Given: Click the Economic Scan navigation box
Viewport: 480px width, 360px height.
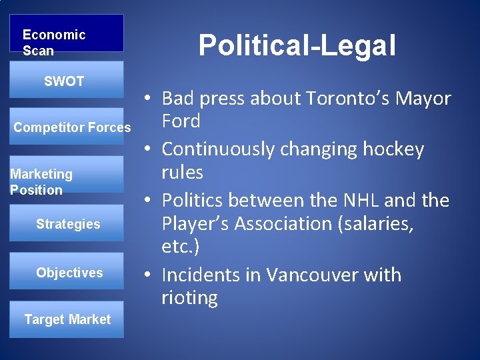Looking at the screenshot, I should pos(67,33).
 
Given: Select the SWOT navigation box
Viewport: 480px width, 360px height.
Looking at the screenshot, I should pos(67,80).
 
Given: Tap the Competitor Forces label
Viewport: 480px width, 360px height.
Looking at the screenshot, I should pos(72,127).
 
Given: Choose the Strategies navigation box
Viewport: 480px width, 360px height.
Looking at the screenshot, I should pos(68,224).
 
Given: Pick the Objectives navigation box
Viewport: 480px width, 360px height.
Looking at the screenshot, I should pos(69,272).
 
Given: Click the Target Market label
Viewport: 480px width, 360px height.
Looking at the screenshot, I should pos(67,319).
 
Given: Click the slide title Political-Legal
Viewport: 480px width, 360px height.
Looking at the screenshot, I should pos(297,45).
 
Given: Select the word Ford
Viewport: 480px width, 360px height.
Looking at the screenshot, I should pos(181,121).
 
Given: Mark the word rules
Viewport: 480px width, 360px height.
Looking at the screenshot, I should pos(182,172).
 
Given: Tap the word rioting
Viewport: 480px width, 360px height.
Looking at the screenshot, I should pos(189,297).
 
